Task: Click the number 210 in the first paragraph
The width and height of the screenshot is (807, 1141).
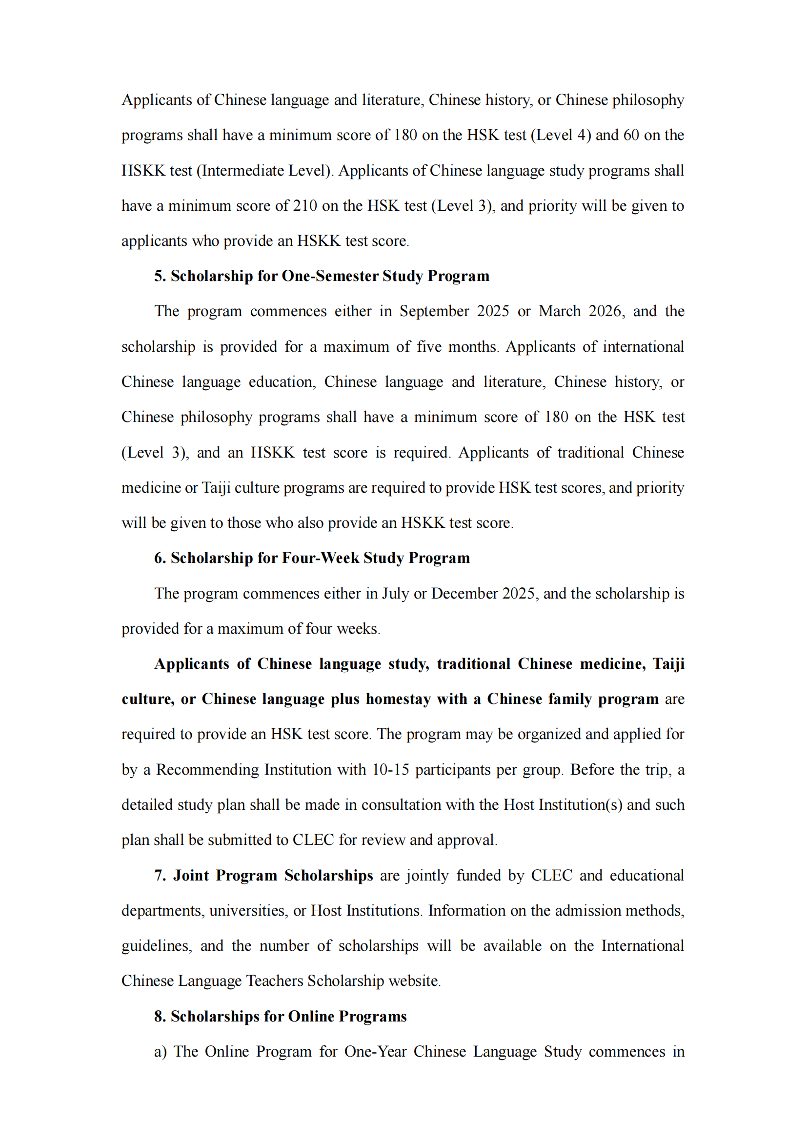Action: coord(304,206)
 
